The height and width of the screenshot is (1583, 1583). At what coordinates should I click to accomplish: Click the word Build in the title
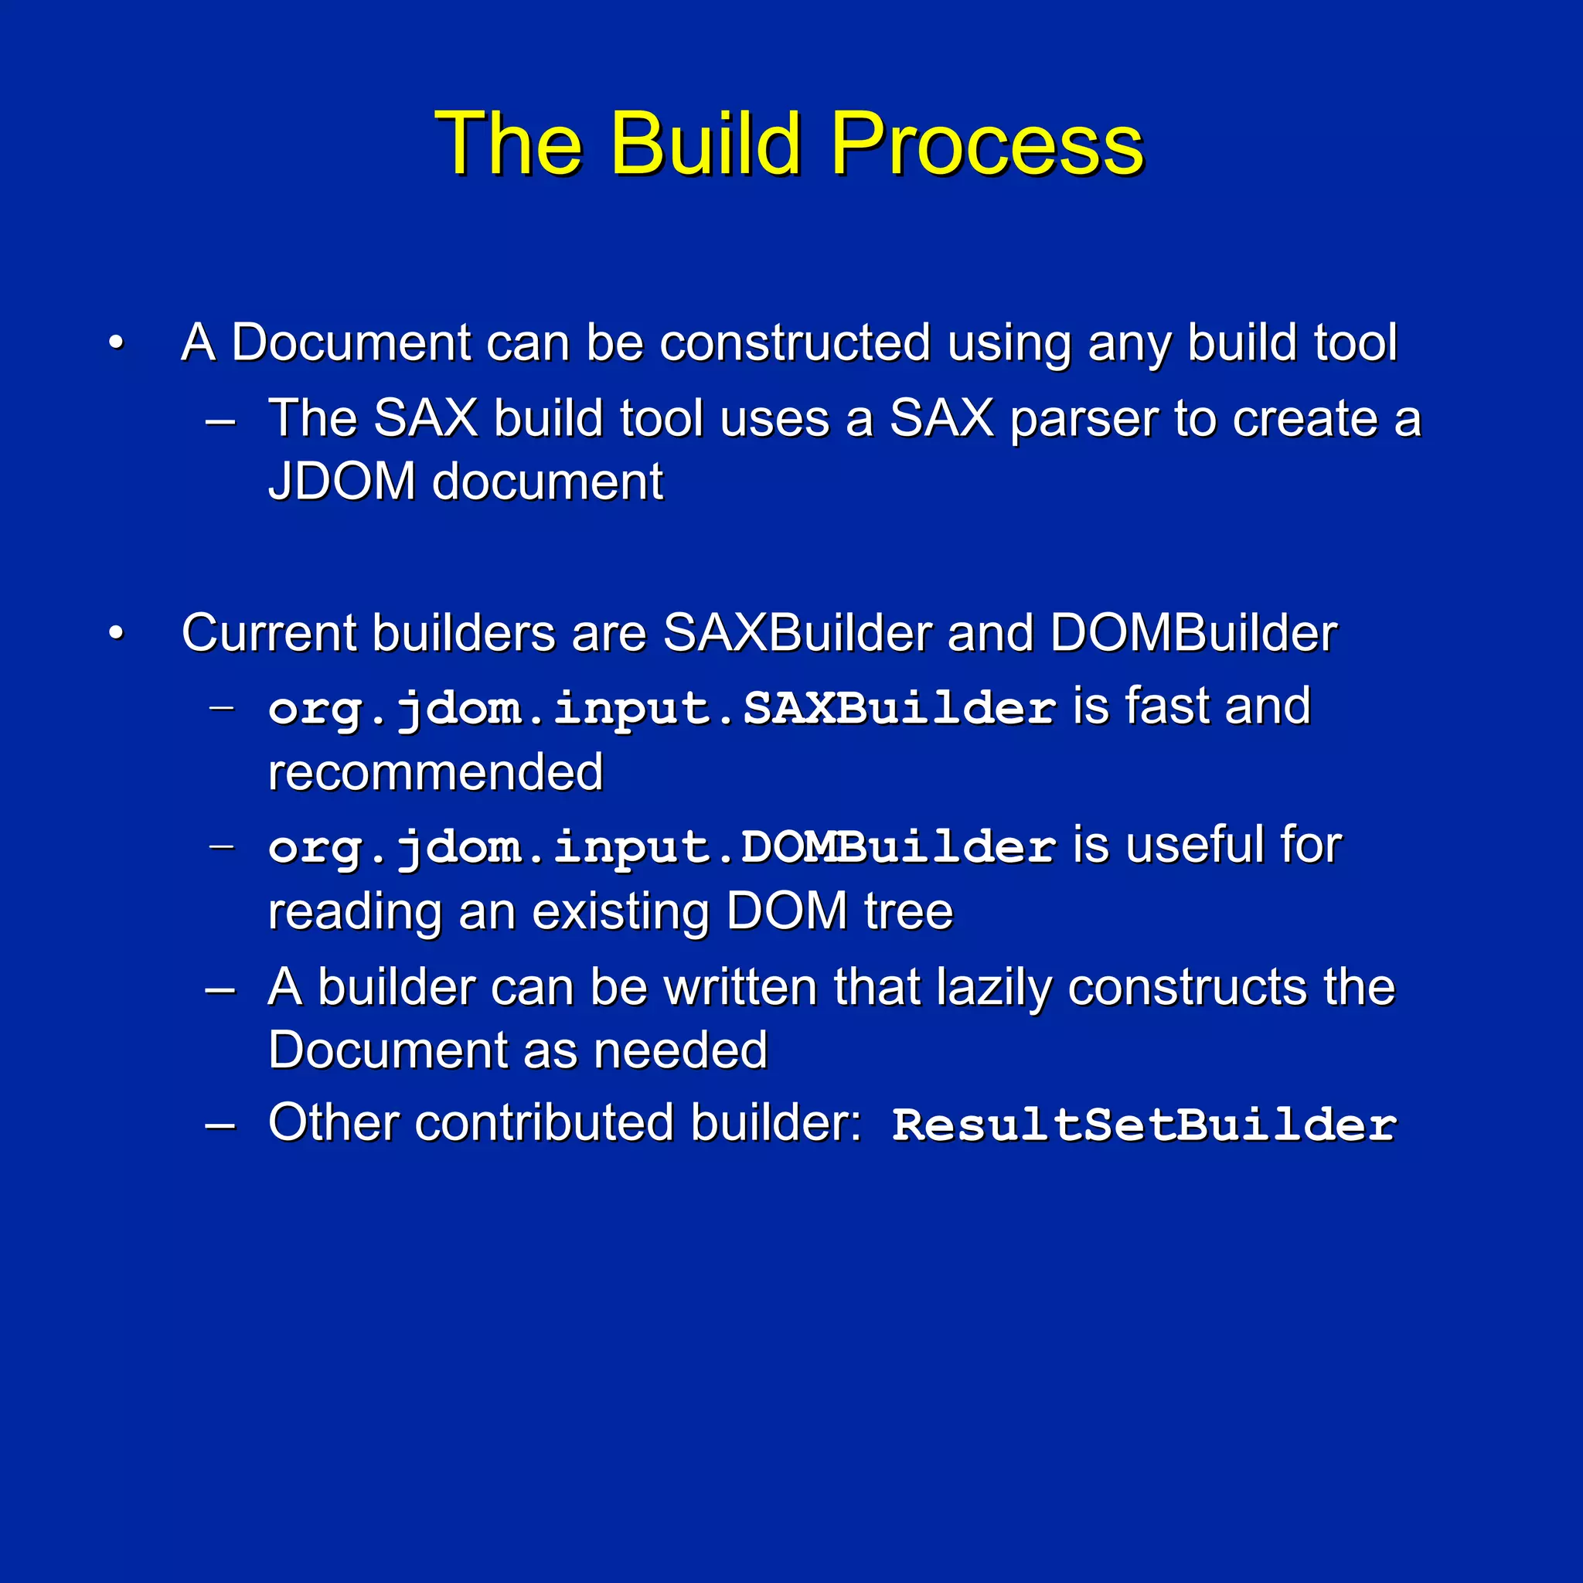tap(704, 145)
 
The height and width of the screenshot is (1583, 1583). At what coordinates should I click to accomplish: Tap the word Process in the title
tap(986, 145)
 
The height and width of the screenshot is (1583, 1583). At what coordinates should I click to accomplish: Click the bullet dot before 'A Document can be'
tap(117, 342)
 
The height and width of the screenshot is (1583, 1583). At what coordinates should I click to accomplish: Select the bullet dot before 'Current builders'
tap(117, 633)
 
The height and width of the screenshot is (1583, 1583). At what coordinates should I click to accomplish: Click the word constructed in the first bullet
tap(795, 342)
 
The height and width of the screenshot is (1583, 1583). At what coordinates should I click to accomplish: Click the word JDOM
tap(342, 482)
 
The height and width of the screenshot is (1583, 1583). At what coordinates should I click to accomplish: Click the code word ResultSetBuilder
tap(1144, 1125)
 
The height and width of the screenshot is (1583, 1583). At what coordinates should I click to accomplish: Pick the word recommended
tap(436, 773)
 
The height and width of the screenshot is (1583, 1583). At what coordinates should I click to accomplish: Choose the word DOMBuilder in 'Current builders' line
tap(1193, 633)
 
